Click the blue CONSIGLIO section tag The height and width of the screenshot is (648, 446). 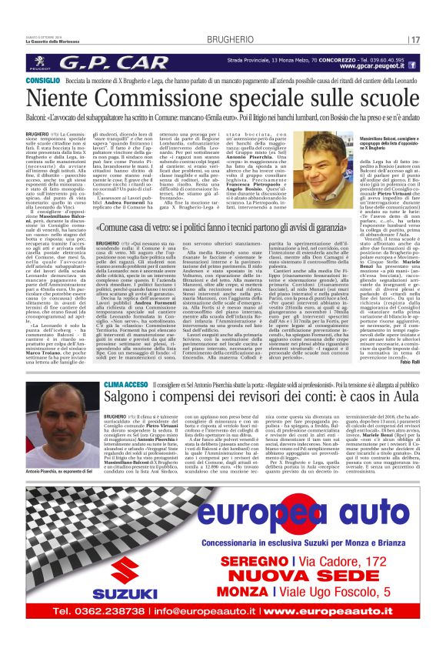click(x=45, y=80)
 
